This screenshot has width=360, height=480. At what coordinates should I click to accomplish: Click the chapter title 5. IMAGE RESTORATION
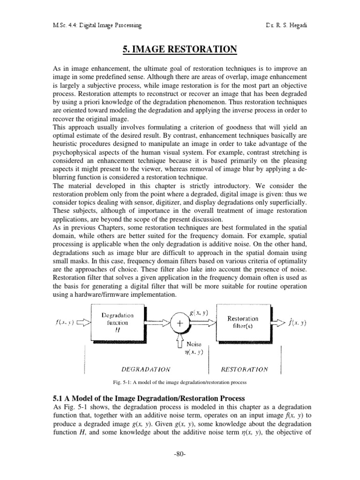tap(180, 49)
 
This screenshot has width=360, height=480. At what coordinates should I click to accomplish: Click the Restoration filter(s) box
tap(242, 322)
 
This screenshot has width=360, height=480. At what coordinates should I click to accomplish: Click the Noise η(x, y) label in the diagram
tap(193, 347)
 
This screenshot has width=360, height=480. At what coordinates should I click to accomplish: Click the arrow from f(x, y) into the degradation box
tap(82, 322)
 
